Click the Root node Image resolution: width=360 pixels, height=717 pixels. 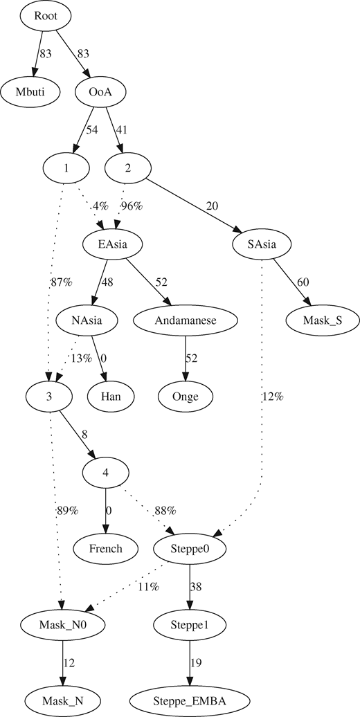tap(45, 16)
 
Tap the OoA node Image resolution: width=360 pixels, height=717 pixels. tap(100, 91)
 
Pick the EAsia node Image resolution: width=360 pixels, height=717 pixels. tap(111, 244)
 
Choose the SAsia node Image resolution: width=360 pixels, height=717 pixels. tap(262, 244)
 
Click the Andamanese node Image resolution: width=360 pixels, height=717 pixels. tap(186, 320)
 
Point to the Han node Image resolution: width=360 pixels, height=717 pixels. tap(111, 396)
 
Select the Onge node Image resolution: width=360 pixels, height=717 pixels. tap(186, 396)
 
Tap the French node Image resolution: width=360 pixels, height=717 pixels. tap(105, 548)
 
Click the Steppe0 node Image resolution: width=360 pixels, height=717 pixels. tap(191, 548)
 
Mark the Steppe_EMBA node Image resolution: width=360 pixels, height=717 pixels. tap(191, 700)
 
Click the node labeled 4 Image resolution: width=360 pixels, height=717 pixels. tap(106, 473)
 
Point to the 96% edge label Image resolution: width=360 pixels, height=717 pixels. tap(132, 206)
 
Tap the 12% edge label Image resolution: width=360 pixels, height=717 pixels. tap(272, 397)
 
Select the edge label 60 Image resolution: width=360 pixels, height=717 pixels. tap(303, 282)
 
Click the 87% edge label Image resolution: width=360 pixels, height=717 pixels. tap(62, 282)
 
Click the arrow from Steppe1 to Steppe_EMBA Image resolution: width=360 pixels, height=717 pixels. tap(191, 662)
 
